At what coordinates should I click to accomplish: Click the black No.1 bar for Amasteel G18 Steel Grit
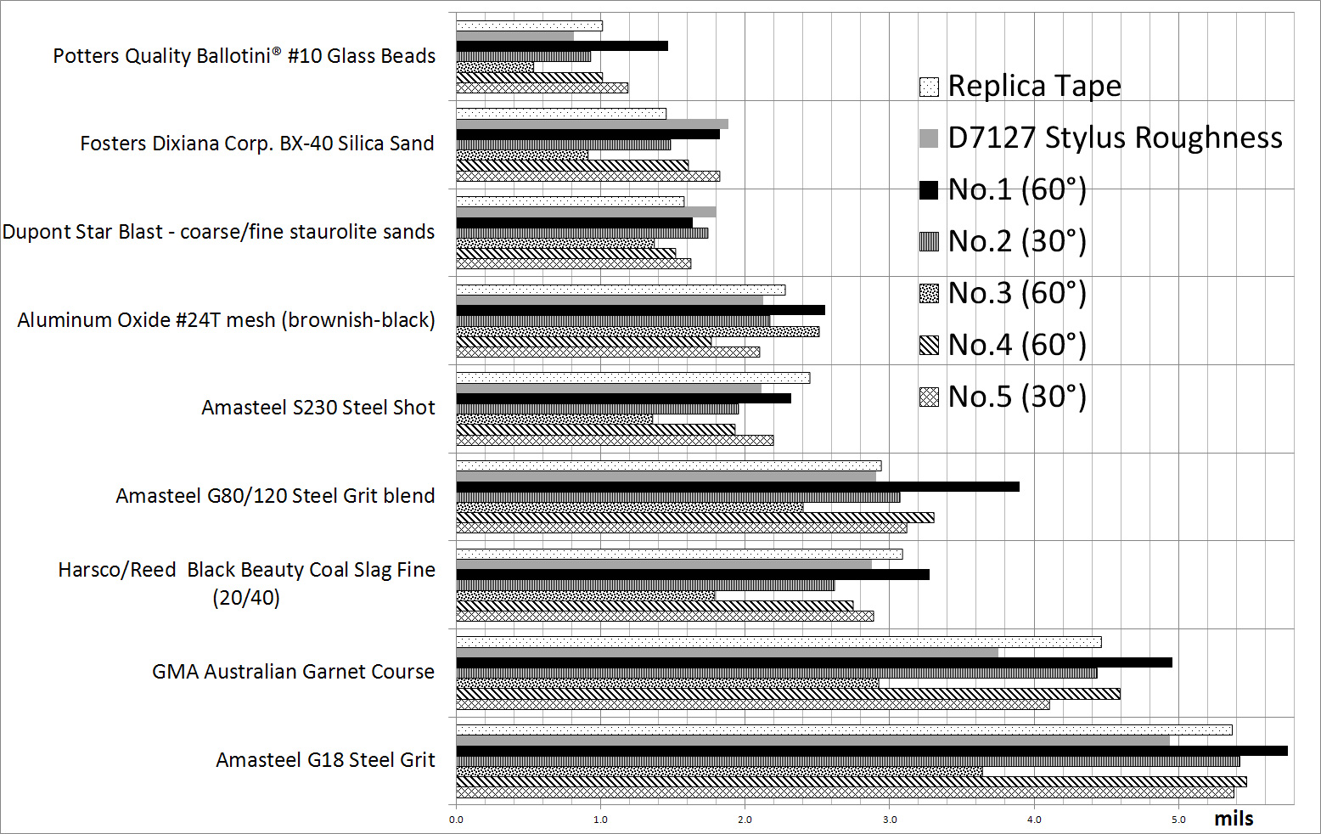coord(872,751)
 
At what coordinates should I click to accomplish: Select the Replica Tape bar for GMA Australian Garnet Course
coord(779,642)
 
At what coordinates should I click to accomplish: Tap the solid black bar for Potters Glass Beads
coord(562,46)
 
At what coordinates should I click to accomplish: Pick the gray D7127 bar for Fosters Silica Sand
coord(592,124)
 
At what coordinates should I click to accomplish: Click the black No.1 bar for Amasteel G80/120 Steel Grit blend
coord(738,487)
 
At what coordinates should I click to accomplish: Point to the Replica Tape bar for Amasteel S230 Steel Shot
coord(632,378)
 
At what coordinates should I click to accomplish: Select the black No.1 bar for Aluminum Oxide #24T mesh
coord(640,310)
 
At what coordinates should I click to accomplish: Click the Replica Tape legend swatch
coord(929,87)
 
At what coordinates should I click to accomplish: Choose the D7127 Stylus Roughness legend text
coord(1115,138)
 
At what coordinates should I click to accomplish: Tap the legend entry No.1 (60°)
coord(1017,189)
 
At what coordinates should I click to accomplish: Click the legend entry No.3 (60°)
coord(1017,293)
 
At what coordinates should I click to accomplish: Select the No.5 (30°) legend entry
coord(1017,397)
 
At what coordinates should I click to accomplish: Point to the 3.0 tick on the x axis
coord(890,820)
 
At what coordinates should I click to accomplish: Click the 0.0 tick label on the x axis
coord(456,820)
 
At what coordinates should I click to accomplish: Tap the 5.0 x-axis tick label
coord(1178,820)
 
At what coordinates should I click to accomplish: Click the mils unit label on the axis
coord(1234,819)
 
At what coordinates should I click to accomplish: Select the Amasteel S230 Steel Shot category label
coord(318,408)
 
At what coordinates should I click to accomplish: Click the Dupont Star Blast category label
coord(218,232)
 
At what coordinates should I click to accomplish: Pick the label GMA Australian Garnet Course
coord(293,672)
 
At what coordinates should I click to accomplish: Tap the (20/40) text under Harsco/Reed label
coord(246,598)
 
